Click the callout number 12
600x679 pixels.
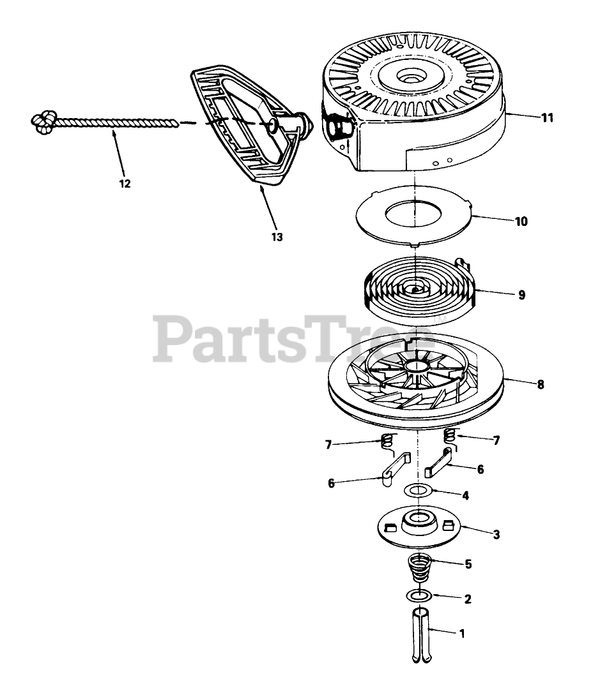125,184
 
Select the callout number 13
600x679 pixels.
276,237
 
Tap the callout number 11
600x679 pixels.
547,117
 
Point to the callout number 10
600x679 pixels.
521,221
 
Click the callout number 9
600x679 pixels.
521,295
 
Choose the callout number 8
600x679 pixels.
541,385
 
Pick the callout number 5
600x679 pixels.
468,564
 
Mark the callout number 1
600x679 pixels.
461,634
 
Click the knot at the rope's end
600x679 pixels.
43,121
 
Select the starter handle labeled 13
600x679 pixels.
243,128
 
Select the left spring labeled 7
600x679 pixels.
386,440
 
